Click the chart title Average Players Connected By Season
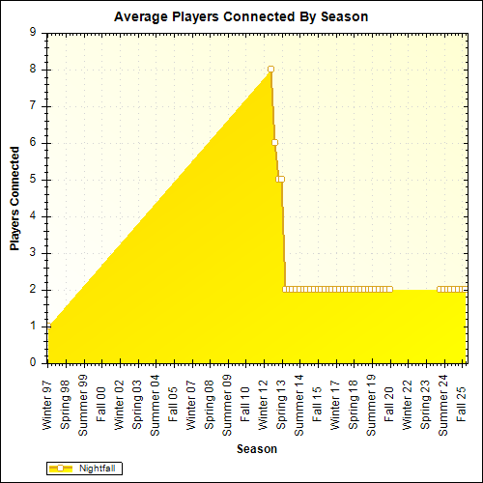[x=241, y=16]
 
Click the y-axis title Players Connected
[x=14, y=198]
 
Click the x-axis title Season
[x=258, y=449]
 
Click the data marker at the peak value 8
[x=270, y=69]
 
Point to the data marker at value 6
[x=274, y=142]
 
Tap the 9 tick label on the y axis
[x=34, y=32]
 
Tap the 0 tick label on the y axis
[x=34, y=363]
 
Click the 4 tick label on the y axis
[x=34, y=216]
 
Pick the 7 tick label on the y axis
[x=34, y=105]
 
